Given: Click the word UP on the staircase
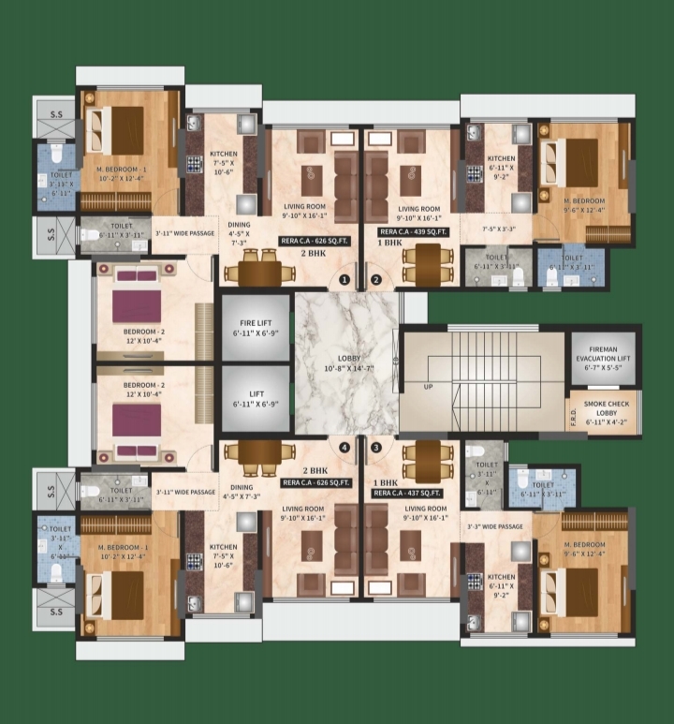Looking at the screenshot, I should point(429,385).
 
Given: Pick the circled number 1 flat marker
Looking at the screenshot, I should point(344,279).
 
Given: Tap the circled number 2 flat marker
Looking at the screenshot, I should point(375,279).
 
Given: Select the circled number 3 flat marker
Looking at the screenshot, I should point(376,448).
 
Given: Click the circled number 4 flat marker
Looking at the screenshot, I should point(344,448).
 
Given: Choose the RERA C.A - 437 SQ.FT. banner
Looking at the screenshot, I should point(408,491).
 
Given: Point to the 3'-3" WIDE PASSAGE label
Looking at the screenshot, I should point(494,526).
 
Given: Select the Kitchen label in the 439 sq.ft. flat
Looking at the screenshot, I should point(501,158).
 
